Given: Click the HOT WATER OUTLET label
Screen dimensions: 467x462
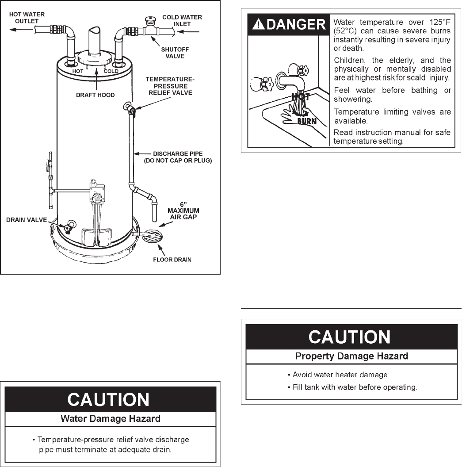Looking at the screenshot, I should click(x=27, y=18).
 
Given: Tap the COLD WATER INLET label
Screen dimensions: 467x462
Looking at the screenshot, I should click(x=182, y=20).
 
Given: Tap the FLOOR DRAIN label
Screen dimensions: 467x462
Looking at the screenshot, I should click(x=172, y=260).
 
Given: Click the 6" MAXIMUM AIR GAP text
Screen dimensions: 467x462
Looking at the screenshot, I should click(x=183, y=211).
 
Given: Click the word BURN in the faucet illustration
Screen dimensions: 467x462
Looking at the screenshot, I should click(x=307, y=120).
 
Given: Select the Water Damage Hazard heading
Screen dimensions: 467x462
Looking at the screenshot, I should click(x=110, y=418).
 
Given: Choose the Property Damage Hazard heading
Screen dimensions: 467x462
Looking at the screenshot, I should click(x=351, y=356).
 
